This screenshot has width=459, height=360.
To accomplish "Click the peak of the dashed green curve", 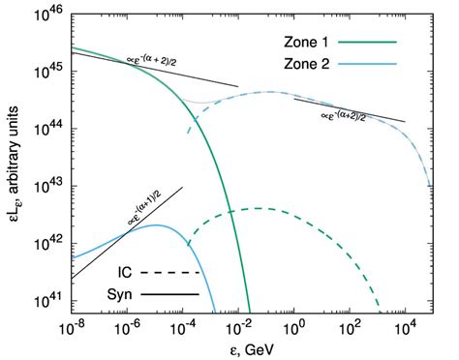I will [257, 208].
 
